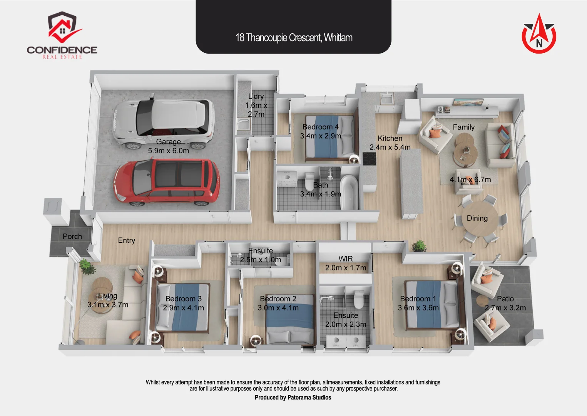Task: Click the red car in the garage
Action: point(167,182)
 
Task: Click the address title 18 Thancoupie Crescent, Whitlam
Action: point(294,38)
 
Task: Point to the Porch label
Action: point(72,237)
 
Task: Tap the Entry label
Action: point(126,240)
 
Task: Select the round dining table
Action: point(477,220)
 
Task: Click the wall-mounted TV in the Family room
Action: point(468,102)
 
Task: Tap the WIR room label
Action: point(345,259)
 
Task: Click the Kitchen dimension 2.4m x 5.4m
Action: point(390,147)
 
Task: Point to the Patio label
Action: point(505,299)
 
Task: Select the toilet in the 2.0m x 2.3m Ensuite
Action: point(358,300)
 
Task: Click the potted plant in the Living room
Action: point(87,267)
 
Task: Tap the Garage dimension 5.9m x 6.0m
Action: point(169,151)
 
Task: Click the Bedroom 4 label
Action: point(320,127)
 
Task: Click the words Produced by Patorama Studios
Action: point(293,398)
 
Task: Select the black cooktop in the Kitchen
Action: point(369,158)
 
